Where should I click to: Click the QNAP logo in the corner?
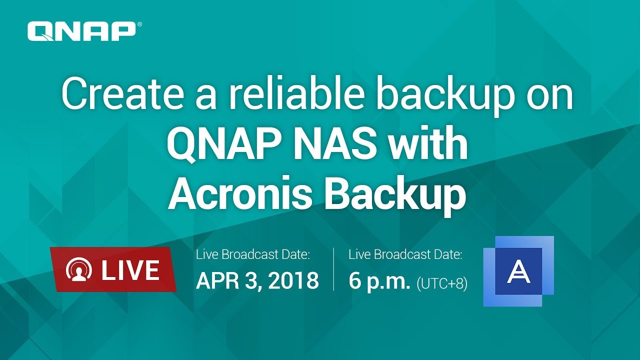[x=81, y=31]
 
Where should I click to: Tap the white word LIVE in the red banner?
[x=130, y=270]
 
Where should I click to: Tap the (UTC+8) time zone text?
[x=442, y=283]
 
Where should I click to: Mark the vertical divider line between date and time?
[x=333, y=269]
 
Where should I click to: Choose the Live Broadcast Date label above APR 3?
[x=253, y=254]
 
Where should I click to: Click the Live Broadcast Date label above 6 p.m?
[x=405, y=254]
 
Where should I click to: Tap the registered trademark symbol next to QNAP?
[x=139, y=24]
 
